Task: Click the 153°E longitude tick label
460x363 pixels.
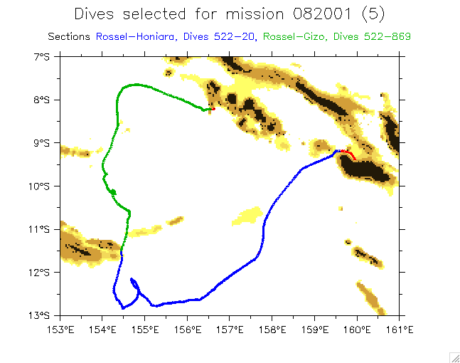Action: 60,329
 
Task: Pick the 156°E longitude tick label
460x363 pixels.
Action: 188,329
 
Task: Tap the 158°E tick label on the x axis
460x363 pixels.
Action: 272,329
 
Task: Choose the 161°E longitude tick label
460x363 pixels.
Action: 400,329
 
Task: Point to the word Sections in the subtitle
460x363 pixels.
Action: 69,36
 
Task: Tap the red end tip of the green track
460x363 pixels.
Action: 210,110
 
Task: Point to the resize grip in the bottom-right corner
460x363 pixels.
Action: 454,357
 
